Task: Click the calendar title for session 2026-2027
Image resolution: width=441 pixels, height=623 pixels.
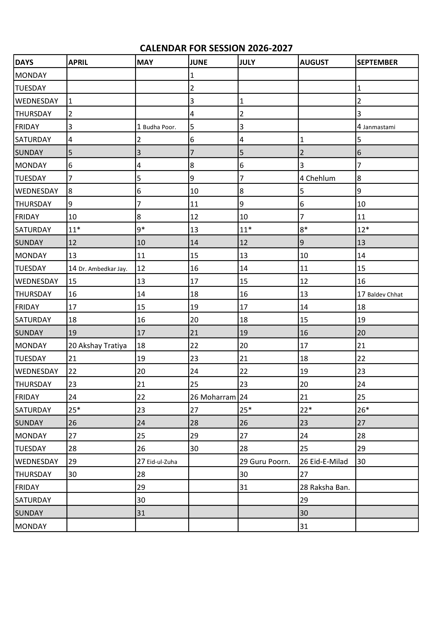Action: click(216, 48)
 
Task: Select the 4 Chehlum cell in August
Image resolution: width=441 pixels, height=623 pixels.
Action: click(317, 178)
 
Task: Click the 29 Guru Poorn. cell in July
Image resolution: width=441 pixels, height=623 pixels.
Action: click(265, 462)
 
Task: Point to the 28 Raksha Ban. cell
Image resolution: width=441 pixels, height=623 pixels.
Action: click(325, 487)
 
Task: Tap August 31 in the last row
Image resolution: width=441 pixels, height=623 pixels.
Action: click(304, 526)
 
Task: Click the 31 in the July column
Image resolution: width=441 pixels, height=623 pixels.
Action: click(244, 487)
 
